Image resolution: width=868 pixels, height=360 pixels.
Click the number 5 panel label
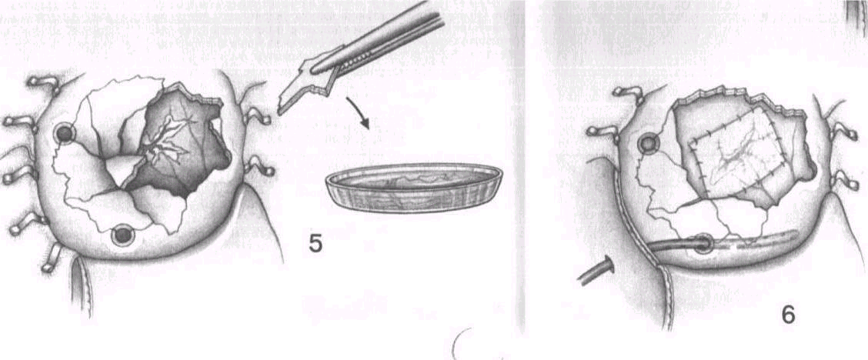click(315, 243)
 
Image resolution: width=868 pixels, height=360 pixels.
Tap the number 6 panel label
click(787, 315)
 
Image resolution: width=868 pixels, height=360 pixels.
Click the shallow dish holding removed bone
click(414, 188)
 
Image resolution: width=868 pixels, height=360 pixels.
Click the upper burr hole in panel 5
click(65, 133)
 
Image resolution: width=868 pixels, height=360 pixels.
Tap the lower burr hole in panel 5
click(122, 236)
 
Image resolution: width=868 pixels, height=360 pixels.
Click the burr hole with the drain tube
click(703, 243)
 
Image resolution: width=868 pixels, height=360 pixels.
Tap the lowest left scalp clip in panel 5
click(52, 258)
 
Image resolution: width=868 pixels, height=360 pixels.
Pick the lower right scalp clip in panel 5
click(259, 166)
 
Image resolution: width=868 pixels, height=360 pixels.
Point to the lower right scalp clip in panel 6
click(845, 179)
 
